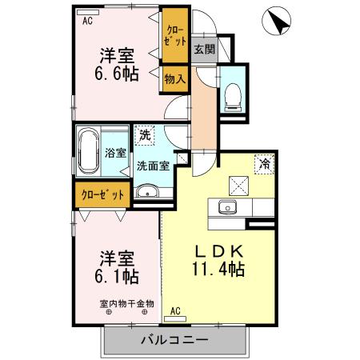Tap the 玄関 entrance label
pos(204,50)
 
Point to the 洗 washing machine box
pos(145,135)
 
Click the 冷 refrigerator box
pos(263,163)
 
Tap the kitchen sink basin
pos(226,208)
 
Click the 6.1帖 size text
pos(117,277)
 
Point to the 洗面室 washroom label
pos(152,166)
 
